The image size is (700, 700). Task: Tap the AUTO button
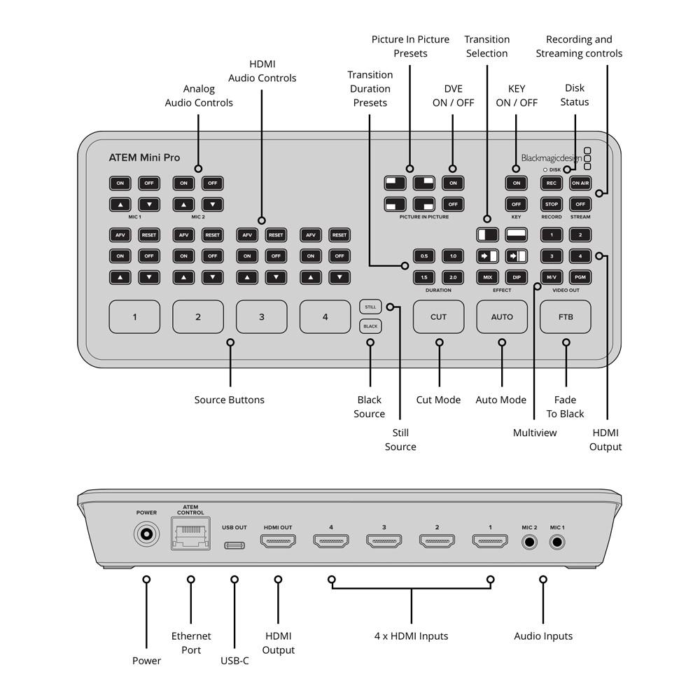point(502,317)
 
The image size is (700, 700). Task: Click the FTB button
point(565,317)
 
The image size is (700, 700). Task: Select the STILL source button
point(370,307)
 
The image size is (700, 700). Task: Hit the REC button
point(552,183)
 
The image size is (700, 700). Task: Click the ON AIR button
point(580,183)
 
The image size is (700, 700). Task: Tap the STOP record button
point(552,204)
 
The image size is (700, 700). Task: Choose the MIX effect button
point(487,277)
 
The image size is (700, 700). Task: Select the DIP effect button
point(516,277)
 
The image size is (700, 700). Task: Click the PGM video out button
point(580,277)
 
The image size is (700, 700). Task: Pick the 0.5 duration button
point(424,256)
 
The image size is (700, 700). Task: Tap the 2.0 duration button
point(453,277)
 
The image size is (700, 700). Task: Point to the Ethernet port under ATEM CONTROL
point(190,535)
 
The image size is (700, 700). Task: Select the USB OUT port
point(234,545)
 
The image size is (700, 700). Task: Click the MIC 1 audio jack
point(558,541)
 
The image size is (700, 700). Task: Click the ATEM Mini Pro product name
point(144,157)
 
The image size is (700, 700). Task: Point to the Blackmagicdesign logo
point(551,158)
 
